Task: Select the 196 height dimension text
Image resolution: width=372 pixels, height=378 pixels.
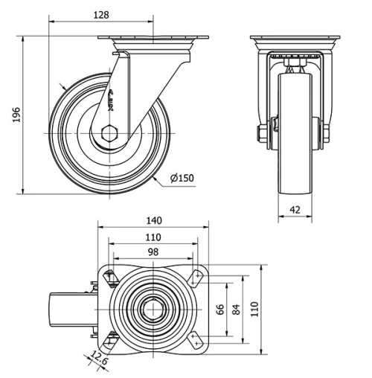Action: click(16, 114)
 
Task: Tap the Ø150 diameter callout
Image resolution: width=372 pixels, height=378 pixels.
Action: click(181, 178)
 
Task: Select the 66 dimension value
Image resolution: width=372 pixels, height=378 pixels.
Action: click(219, 310)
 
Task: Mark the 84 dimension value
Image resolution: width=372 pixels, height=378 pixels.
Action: click(237, 310)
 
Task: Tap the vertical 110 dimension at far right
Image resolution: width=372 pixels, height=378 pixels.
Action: click(254, 310)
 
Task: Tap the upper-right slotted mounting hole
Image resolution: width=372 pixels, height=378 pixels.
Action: click(195, 277)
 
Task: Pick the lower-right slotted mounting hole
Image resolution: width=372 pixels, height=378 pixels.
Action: click(195, 340)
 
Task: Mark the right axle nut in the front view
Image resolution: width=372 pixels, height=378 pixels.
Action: click(325, 135)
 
